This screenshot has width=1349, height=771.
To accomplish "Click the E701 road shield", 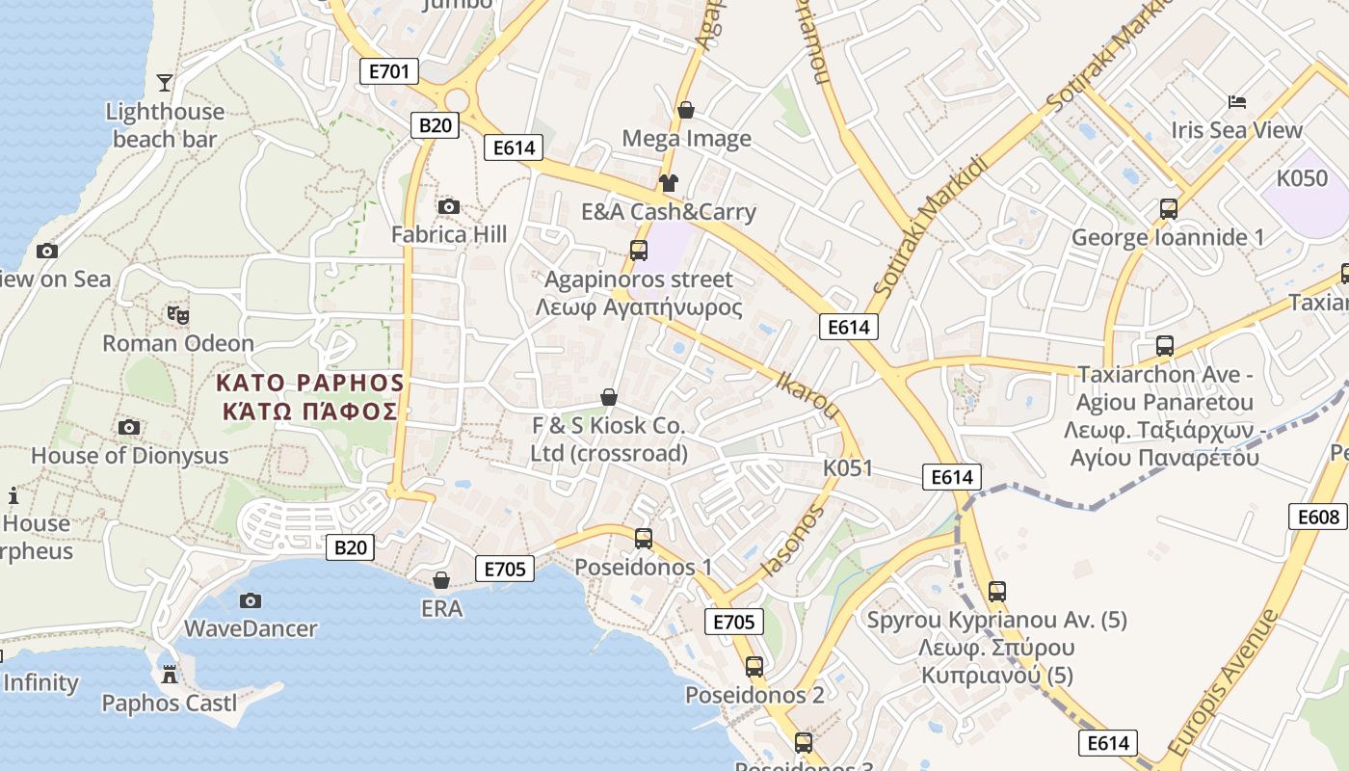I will click(388, 70).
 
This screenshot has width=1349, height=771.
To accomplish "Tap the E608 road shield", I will click(1317, 517).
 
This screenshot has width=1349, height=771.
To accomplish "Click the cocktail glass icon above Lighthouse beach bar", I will click(165, 82).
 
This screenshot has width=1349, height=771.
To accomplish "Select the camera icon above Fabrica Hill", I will click(448, 206).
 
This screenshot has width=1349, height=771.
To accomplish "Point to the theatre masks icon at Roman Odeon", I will click(178, 314).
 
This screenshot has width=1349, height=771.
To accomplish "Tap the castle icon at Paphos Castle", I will click(170, 674).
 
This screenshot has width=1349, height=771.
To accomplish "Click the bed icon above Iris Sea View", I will click(1237, 101).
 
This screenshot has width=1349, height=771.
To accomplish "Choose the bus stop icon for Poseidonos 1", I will click(644, 539).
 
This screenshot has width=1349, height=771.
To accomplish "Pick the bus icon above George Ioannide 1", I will click(1168, 209).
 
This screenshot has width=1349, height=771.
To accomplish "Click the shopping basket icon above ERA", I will click(441, 580).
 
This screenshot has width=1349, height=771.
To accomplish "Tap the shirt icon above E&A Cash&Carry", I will click(667, 183).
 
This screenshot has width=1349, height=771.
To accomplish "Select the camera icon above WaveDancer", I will click(251, 600).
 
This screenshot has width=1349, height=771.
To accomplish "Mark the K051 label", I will click(848, 468).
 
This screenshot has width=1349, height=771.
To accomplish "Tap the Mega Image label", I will click(686, 139).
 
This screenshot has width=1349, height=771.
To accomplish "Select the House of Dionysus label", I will click(130, 456).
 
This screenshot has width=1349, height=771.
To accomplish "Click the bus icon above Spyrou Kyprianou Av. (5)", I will click(997, 592).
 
